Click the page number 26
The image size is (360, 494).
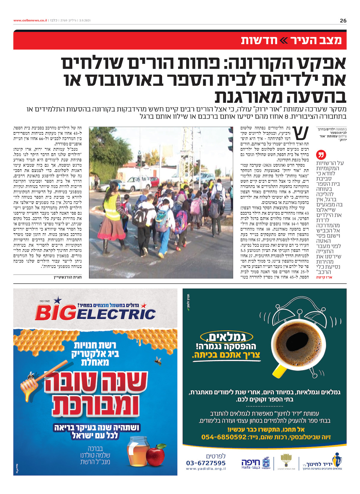[343, 21]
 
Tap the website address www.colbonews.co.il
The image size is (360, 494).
[30, 20]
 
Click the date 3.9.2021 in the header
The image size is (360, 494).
[85, 20]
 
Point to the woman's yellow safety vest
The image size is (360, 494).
[112, 207]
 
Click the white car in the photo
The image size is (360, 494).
[136, 183]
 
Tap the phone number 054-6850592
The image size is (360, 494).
[224, 437]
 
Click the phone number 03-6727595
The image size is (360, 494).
[206, 463]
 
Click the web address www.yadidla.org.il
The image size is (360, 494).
[206, 468]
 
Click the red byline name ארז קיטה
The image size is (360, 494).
[324, 277]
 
